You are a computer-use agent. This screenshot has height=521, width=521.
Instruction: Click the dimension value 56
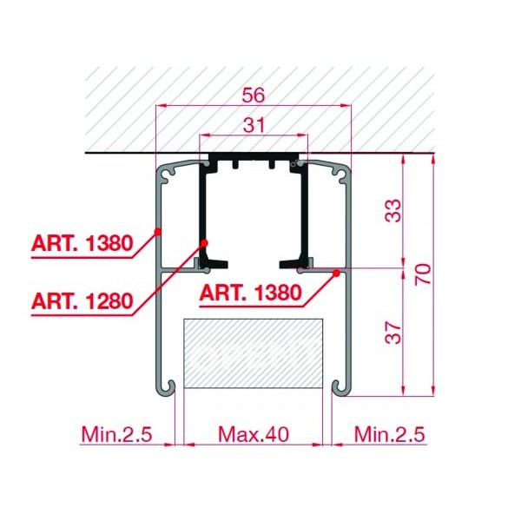(254, 95)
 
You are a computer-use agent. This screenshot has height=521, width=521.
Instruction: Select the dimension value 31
(254, 125)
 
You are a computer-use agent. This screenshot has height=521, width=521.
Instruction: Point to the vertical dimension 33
(393, 211)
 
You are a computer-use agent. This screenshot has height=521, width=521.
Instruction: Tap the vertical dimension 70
(423, 274)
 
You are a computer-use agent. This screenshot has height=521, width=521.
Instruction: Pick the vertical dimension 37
(393, 333)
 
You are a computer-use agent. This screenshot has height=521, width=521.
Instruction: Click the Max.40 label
(254, 434)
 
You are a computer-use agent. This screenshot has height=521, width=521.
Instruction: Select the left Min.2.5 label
(116, 434)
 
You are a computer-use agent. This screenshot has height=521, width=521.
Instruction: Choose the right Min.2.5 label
(389, 434)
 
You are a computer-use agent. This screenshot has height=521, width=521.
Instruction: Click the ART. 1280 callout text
(82, 301)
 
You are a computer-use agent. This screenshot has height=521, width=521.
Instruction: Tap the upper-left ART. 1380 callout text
(82, 243)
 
